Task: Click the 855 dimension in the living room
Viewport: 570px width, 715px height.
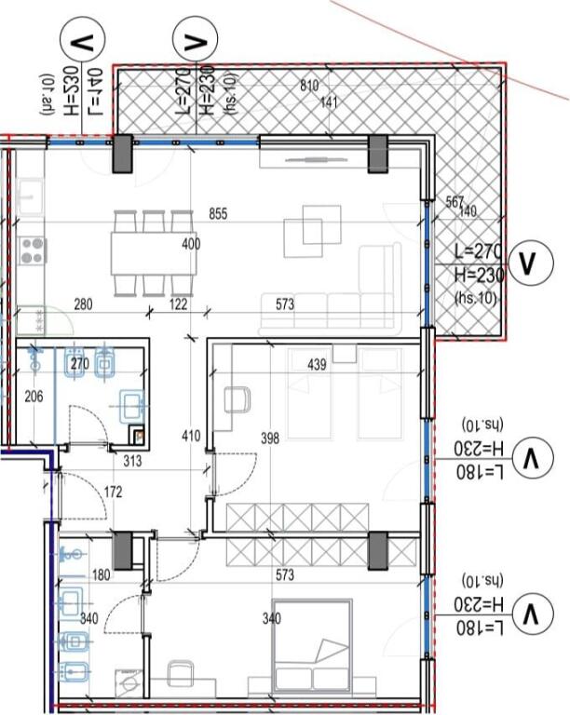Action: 218,214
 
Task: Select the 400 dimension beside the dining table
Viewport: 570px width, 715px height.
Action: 190,245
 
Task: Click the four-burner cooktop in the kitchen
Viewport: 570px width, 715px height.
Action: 34,250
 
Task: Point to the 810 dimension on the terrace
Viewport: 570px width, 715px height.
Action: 309,87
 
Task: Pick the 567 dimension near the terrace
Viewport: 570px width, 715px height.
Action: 455,201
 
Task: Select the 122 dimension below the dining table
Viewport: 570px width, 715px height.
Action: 178,304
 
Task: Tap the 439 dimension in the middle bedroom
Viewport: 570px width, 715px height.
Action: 317,365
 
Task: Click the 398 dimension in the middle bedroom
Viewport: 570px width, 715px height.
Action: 270,438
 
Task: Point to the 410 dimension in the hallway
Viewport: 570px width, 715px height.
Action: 190,435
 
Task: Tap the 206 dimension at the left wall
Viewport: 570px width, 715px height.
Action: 34,397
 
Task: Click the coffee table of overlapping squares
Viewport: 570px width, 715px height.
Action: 312,229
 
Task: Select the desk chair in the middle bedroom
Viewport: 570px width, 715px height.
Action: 238,401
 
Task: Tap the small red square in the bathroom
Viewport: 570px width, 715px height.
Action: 139,433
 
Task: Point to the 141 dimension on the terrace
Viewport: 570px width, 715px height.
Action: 328,103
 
